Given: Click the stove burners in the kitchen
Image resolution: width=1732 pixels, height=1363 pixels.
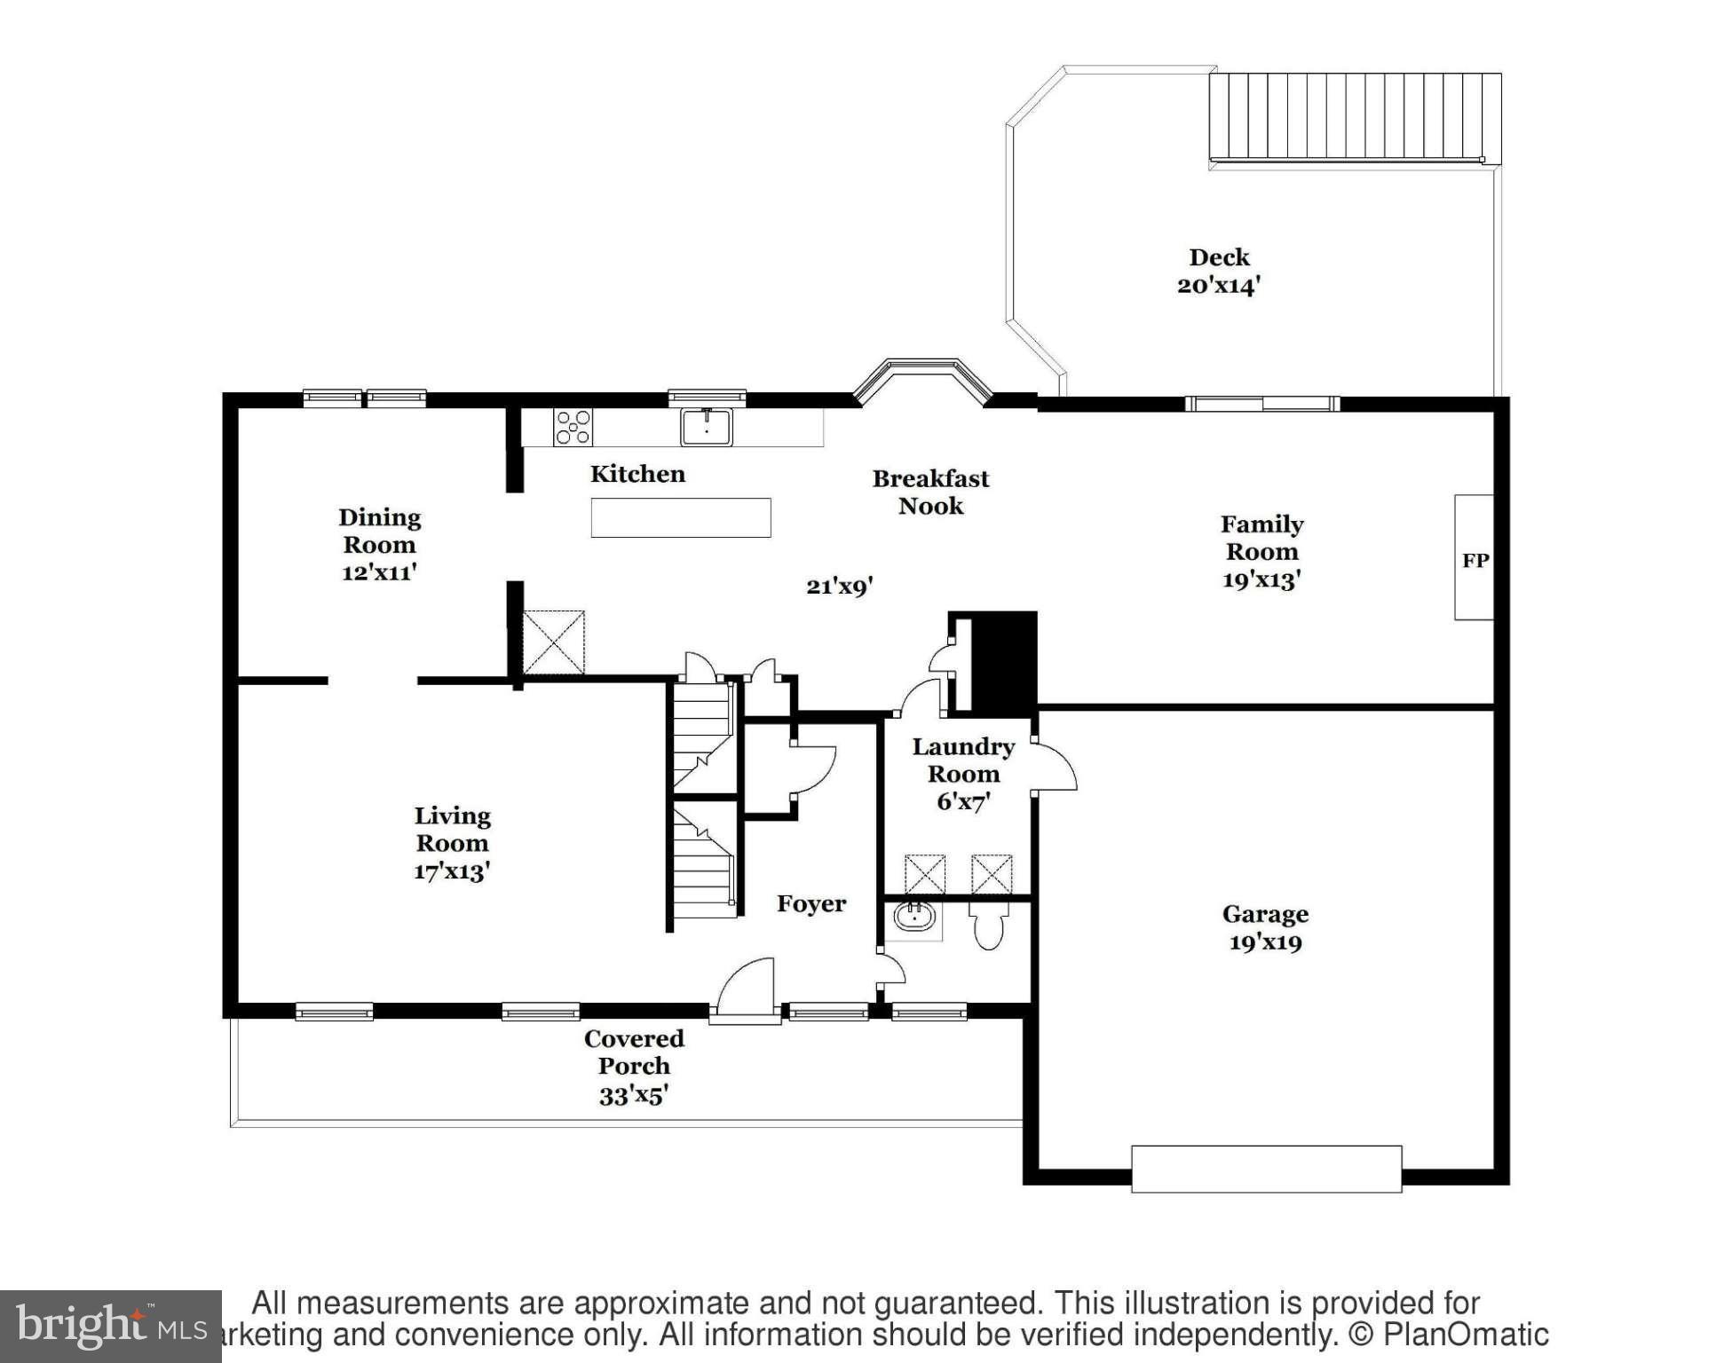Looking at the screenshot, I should click(573, 427).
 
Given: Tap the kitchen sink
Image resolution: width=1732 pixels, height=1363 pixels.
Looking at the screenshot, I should click(707, 427).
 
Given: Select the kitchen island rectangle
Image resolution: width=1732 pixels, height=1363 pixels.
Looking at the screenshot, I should click(681, 517).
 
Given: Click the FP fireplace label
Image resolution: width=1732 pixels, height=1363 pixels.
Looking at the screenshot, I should click(1475, 560).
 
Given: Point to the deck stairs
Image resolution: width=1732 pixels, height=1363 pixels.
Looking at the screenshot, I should click(1354, 117).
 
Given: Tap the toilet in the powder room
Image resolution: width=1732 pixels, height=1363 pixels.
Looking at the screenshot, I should click(988, 926).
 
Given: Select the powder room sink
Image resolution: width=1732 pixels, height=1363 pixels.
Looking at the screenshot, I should click(914, 916).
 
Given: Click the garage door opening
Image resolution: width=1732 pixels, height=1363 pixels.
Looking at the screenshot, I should click(1266, 1169).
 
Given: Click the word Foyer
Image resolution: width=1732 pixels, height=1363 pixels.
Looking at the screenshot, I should click(811, 903).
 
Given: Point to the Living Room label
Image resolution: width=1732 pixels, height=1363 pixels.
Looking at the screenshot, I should click(452, 829).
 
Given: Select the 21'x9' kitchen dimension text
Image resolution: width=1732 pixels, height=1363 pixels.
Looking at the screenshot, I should click(839, 586).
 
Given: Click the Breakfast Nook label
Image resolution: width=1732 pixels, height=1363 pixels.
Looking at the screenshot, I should click(930, 492).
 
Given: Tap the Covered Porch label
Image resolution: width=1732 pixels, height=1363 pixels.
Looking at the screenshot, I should click(634, 1052).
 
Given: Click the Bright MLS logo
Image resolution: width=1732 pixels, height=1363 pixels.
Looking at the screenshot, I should click(110, 1326).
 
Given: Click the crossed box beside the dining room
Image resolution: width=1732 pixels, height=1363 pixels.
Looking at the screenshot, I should click(553, 642).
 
